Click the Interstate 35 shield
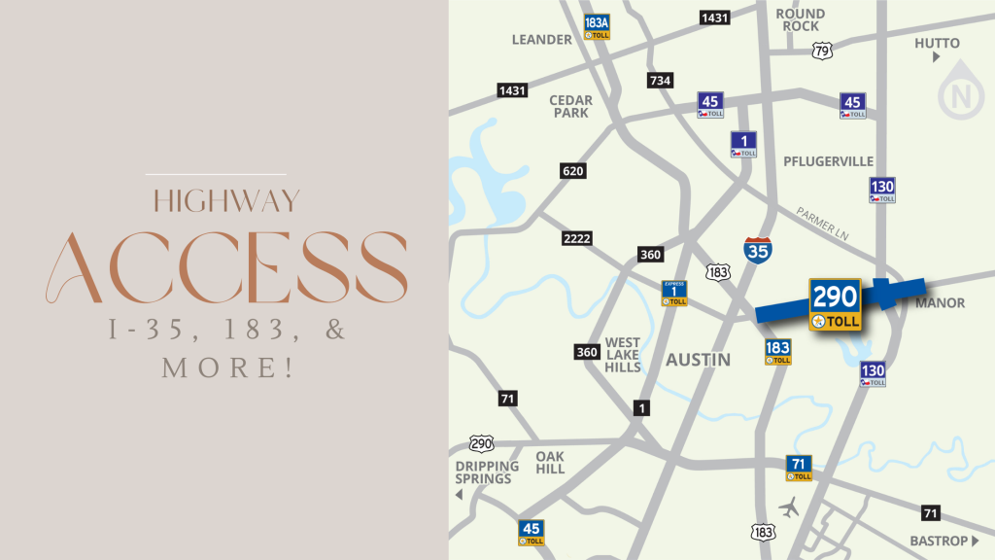coord(759,250)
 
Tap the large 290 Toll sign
coord(835,304)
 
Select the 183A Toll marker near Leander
coord(597,26)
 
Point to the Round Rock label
coord(801,19)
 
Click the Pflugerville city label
coord(829,161)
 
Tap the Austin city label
coord(698,360)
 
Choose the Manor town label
coord(940,303)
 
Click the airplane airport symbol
coord(791,506)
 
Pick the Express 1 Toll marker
coord(674,293)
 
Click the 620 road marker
coord(573,171)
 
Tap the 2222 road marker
coord(576,238)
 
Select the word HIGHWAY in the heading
coord(226,201)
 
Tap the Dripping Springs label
coord(487,472)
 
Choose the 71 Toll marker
coord(799,468)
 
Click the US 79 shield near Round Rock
coord(822,50)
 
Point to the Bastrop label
coord(939,541)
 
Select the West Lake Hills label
coord(623,355)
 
